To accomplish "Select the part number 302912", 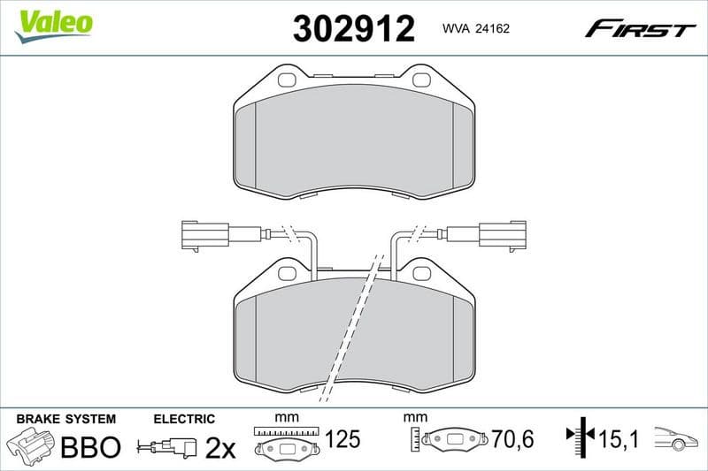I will click(353, 29).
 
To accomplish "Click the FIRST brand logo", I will click(640, 29).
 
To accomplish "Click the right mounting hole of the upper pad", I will click(419, 80).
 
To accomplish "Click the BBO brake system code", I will click(89, 446).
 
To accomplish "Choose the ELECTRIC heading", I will click(184, 419).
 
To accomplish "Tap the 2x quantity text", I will click(220, 448).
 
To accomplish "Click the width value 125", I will click(343, 437).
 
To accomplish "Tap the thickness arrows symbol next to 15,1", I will click(576, 436).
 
